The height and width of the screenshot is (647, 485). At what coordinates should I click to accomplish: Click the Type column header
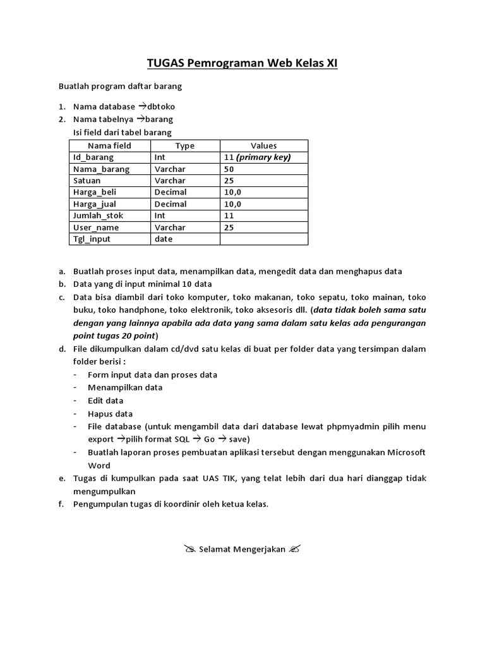click(185, 145)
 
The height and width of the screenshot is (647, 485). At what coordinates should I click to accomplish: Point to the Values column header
click(263, 145)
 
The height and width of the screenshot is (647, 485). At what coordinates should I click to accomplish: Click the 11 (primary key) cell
click(257, 157)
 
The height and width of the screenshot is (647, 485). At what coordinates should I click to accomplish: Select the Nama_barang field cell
click(101, 169)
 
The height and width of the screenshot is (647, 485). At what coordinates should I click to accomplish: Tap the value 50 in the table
click(229, 169)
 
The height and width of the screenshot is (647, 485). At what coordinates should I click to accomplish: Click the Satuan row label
click(87, 181)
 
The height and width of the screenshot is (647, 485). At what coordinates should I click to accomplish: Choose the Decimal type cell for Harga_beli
click(170, 192)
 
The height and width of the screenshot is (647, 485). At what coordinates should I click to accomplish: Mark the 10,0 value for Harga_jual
click(232, 204)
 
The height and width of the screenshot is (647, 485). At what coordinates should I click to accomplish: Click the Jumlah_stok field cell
click(98, 215)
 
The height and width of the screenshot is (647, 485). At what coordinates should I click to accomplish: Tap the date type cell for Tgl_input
click(163, 239)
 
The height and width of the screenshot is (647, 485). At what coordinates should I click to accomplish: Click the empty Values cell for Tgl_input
click(263, 239)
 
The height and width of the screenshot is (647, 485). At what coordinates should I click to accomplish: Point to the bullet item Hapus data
click(110, 414)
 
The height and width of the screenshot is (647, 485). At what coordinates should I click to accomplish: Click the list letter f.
click(62, 504)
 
